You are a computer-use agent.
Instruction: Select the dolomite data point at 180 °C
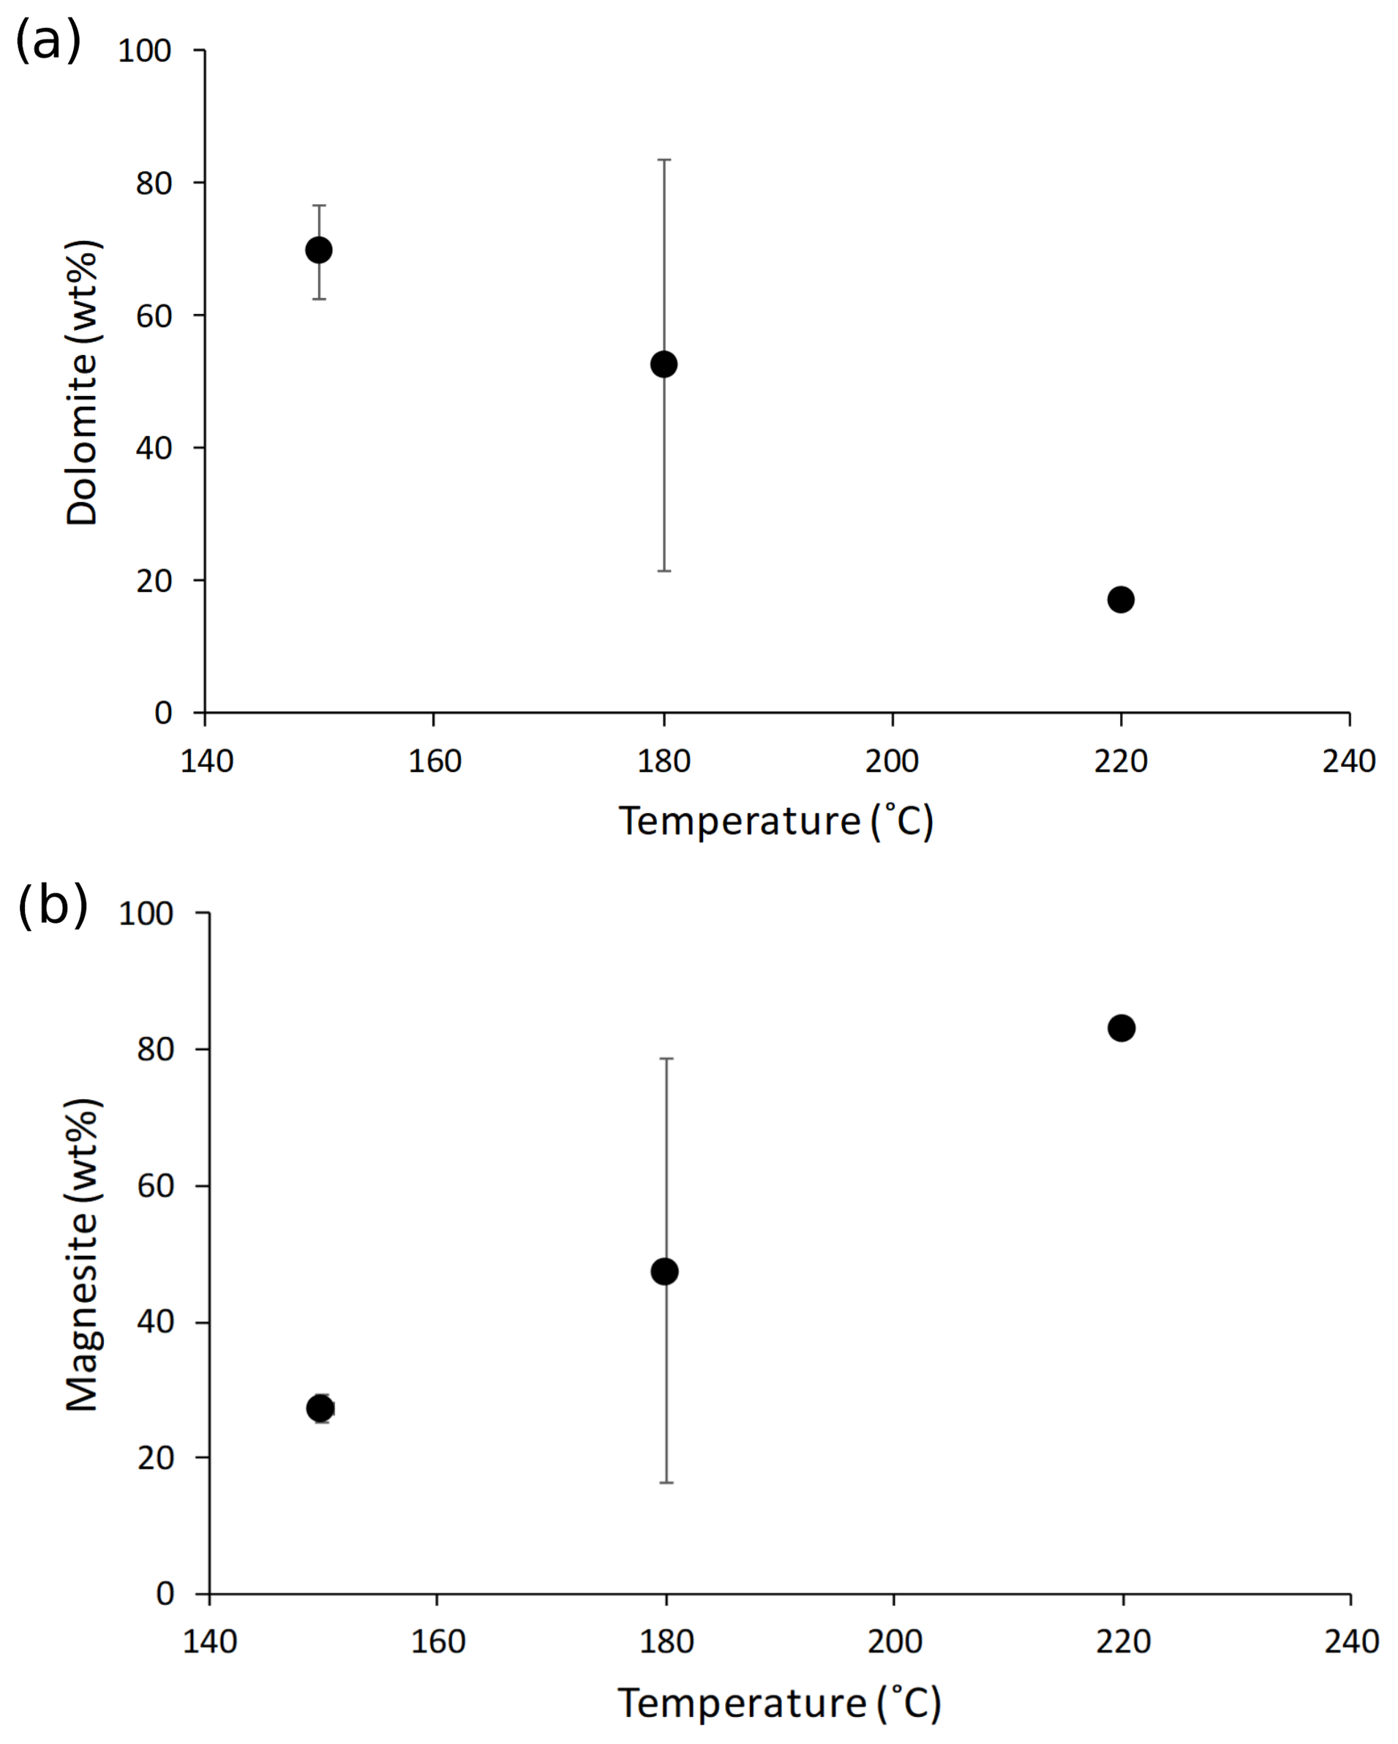tap(664, 364)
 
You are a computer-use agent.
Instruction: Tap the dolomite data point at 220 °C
tap(1121, 599)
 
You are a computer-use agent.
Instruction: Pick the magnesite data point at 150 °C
tap(320, 1408)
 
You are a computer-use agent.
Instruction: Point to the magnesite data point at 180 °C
tap(665, 1272)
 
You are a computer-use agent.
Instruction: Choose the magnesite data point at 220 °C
tap(1121, 1028)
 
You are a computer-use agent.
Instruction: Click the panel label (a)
tap(48, 40)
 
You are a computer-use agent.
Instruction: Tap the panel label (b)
tap(52, 905)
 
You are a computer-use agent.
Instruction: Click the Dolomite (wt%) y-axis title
tap(83, 382)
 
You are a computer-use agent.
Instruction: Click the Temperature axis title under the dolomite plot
tap(776, 821)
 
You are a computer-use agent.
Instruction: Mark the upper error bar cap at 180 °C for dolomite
tap(664, 160)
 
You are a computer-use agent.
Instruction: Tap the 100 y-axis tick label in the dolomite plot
tap(145, 51)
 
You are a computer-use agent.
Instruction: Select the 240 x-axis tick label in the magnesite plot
tap(1350, 1642)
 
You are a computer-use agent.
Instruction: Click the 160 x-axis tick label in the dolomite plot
tap(435, 761)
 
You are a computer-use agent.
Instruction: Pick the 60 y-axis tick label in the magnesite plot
tap(155, 1186)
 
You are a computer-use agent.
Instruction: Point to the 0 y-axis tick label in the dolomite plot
tap(163, 713)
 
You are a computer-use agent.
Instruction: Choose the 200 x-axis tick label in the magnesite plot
tap(894, 1642)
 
